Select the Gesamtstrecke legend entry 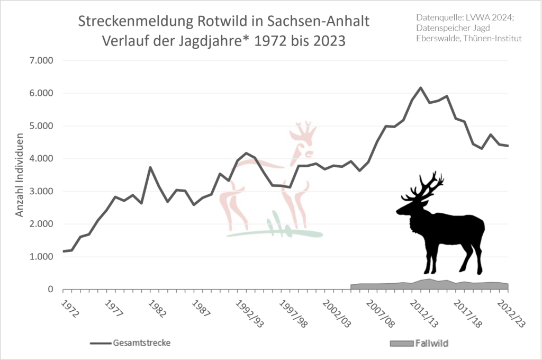click(x=142, y=343)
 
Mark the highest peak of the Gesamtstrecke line click(x=421, y=88)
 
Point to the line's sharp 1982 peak click(x=150, y=167)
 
